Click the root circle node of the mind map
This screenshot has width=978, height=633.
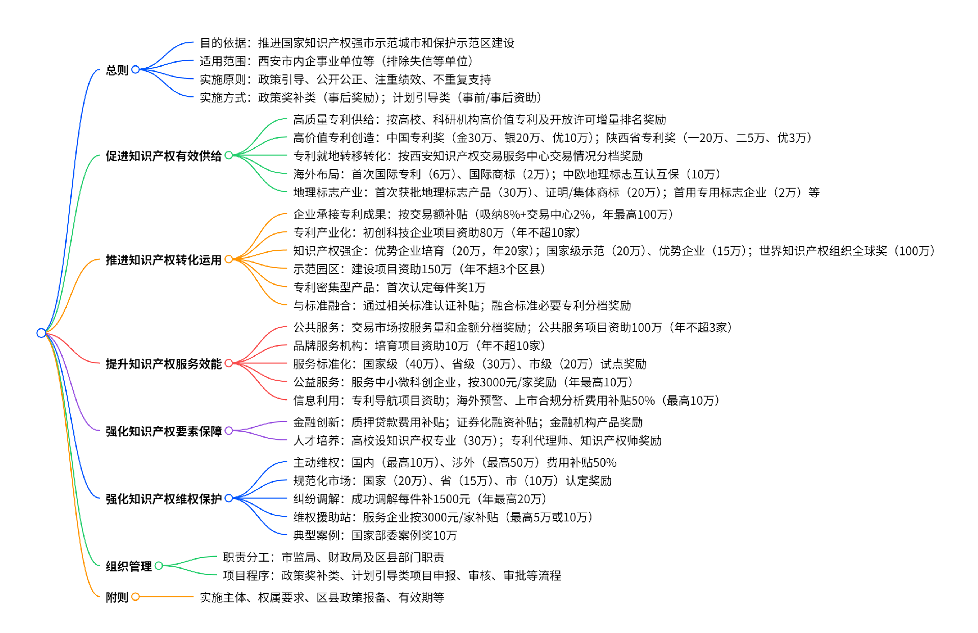point(41,333)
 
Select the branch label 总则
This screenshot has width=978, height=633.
point(117,70)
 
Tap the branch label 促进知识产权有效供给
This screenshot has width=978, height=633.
point(163,156)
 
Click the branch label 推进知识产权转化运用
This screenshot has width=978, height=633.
point(163,260)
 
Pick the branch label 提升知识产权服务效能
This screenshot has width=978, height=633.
point(163,364)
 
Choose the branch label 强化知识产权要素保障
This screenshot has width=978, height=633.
point(163,431)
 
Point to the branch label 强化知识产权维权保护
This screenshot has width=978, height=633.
point(163,498)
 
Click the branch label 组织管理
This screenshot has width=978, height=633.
point(128,566)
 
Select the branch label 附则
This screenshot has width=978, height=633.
point(117,597)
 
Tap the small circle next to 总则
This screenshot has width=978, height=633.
point(135,69)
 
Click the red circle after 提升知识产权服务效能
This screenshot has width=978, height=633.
point(229,363)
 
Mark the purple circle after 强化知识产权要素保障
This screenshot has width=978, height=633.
point(229,431)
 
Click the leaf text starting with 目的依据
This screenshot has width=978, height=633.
point(357,43)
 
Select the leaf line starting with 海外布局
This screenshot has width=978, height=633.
point(507,174)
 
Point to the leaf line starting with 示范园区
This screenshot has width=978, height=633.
point(419,269)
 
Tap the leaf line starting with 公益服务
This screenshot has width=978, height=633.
point(463,382)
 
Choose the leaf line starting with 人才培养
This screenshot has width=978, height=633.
point(477,440)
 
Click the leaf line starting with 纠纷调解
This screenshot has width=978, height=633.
point(420,499)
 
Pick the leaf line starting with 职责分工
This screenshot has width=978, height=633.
point(333,557)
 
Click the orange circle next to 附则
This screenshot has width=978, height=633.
point(135,597)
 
